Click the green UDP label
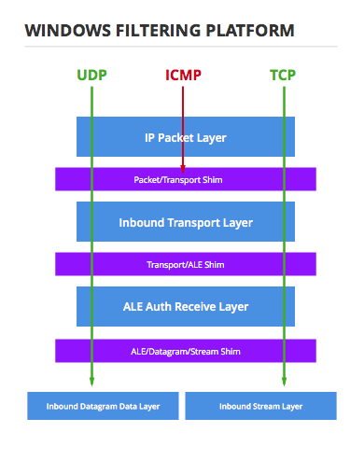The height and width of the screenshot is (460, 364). click(x=91, y=75)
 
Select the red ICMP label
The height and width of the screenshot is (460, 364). click(x=184, y=75)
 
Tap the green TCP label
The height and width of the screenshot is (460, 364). click(x=282, y=75)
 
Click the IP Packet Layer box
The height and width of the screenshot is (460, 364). click(x=186, y=137)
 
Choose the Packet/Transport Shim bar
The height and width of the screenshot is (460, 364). click(x=186, y=178)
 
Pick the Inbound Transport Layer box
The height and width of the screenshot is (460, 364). click(x=186, y=223)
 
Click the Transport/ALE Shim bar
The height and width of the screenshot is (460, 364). click(x=186, y=264)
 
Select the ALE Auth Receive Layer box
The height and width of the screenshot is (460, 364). click(x=186, y=305)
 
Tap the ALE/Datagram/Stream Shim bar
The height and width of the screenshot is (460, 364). click(x=186, y=350)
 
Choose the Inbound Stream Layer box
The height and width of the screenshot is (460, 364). click(x=260, y=406)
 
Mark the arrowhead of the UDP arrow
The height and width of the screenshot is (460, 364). click(x=91, y=381)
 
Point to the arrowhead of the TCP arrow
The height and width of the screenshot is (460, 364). click(x=282, y=381)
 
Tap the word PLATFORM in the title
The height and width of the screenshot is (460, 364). click(x=252, y=30)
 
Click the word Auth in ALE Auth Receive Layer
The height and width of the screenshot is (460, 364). click(x=165, y=306)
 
